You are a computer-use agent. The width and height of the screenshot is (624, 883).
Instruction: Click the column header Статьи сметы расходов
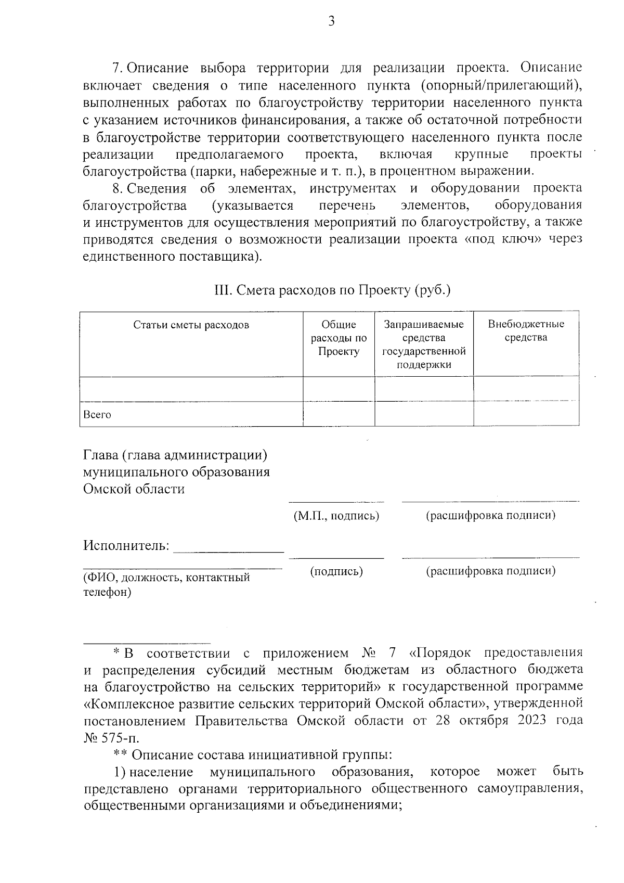191,325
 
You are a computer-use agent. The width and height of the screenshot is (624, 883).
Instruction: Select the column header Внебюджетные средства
526,331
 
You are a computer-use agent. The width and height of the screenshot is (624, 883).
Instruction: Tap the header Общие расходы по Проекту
339,338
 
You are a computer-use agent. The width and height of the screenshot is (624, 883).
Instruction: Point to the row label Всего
97,415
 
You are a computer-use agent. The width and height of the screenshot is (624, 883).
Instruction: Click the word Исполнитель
126,546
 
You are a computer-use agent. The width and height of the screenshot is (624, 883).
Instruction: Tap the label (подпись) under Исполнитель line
336,571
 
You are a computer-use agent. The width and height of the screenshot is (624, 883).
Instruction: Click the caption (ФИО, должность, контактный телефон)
166,584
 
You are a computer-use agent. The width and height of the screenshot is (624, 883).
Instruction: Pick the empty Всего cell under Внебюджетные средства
526,414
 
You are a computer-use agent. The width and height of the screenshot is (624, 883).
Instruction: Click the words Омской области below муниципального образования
134,489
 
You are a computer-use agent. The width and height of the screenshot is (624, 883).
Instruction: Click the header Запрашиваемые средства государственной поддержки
424,344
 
